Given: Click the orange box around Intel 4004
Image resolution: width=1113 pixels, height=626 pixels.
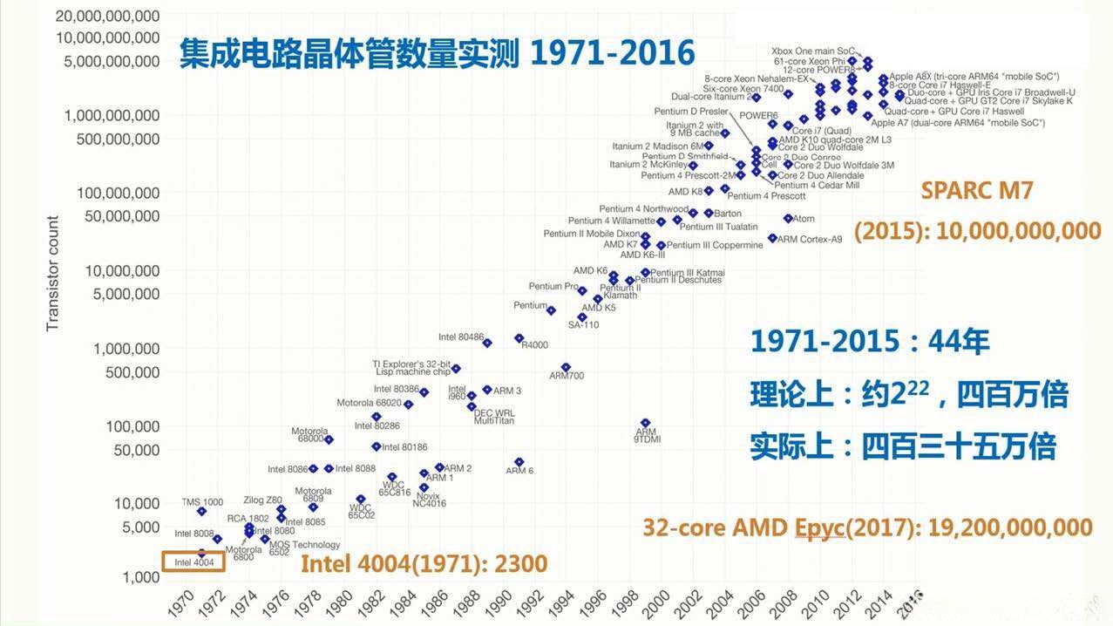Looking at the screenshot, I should (193, 561).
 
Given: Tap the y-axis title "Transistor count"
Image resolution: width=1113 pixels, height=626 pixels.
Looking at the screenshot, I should (53, 273).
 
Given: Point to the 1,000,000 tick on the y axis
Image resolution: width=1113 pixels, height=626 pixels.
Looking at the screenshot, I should (118, 349).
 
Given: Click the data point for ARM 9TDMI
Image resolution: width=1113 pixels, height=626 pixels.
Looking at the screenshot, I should (645, 423).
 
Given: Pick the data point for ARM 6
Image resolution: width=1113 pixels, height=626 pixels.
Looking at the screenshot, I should (519, 462).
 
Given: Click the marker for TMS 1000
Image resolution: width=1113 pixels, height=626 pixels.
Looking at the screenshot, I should (201, 511).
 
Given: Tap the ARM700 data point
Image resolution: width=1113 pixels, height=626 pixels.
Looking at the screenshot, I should (566, 367).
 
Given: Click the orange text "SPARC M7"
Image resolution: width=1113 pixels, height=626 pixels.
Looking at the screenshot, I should (977, 191).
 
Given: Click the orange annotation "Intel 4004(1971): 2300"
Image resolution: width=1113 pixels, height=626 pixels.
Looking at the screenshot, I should (424, 563).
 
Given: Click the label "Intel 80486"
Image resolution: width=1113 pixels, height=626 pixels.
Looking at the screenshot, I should (460, 337).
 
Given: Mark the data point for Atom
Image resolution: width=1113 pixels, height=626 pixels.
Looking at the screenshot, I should (788, 218).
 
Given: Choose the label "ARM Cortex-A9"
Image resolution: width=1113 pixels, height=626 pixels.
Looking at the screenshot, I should (810, 239).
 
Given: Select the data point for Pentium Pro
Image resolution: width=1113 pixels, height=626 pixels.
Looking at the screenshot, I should (582, 291).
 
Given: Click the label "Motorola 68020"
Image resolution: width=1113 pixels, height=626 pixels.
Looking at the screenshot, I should (369, 403).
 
